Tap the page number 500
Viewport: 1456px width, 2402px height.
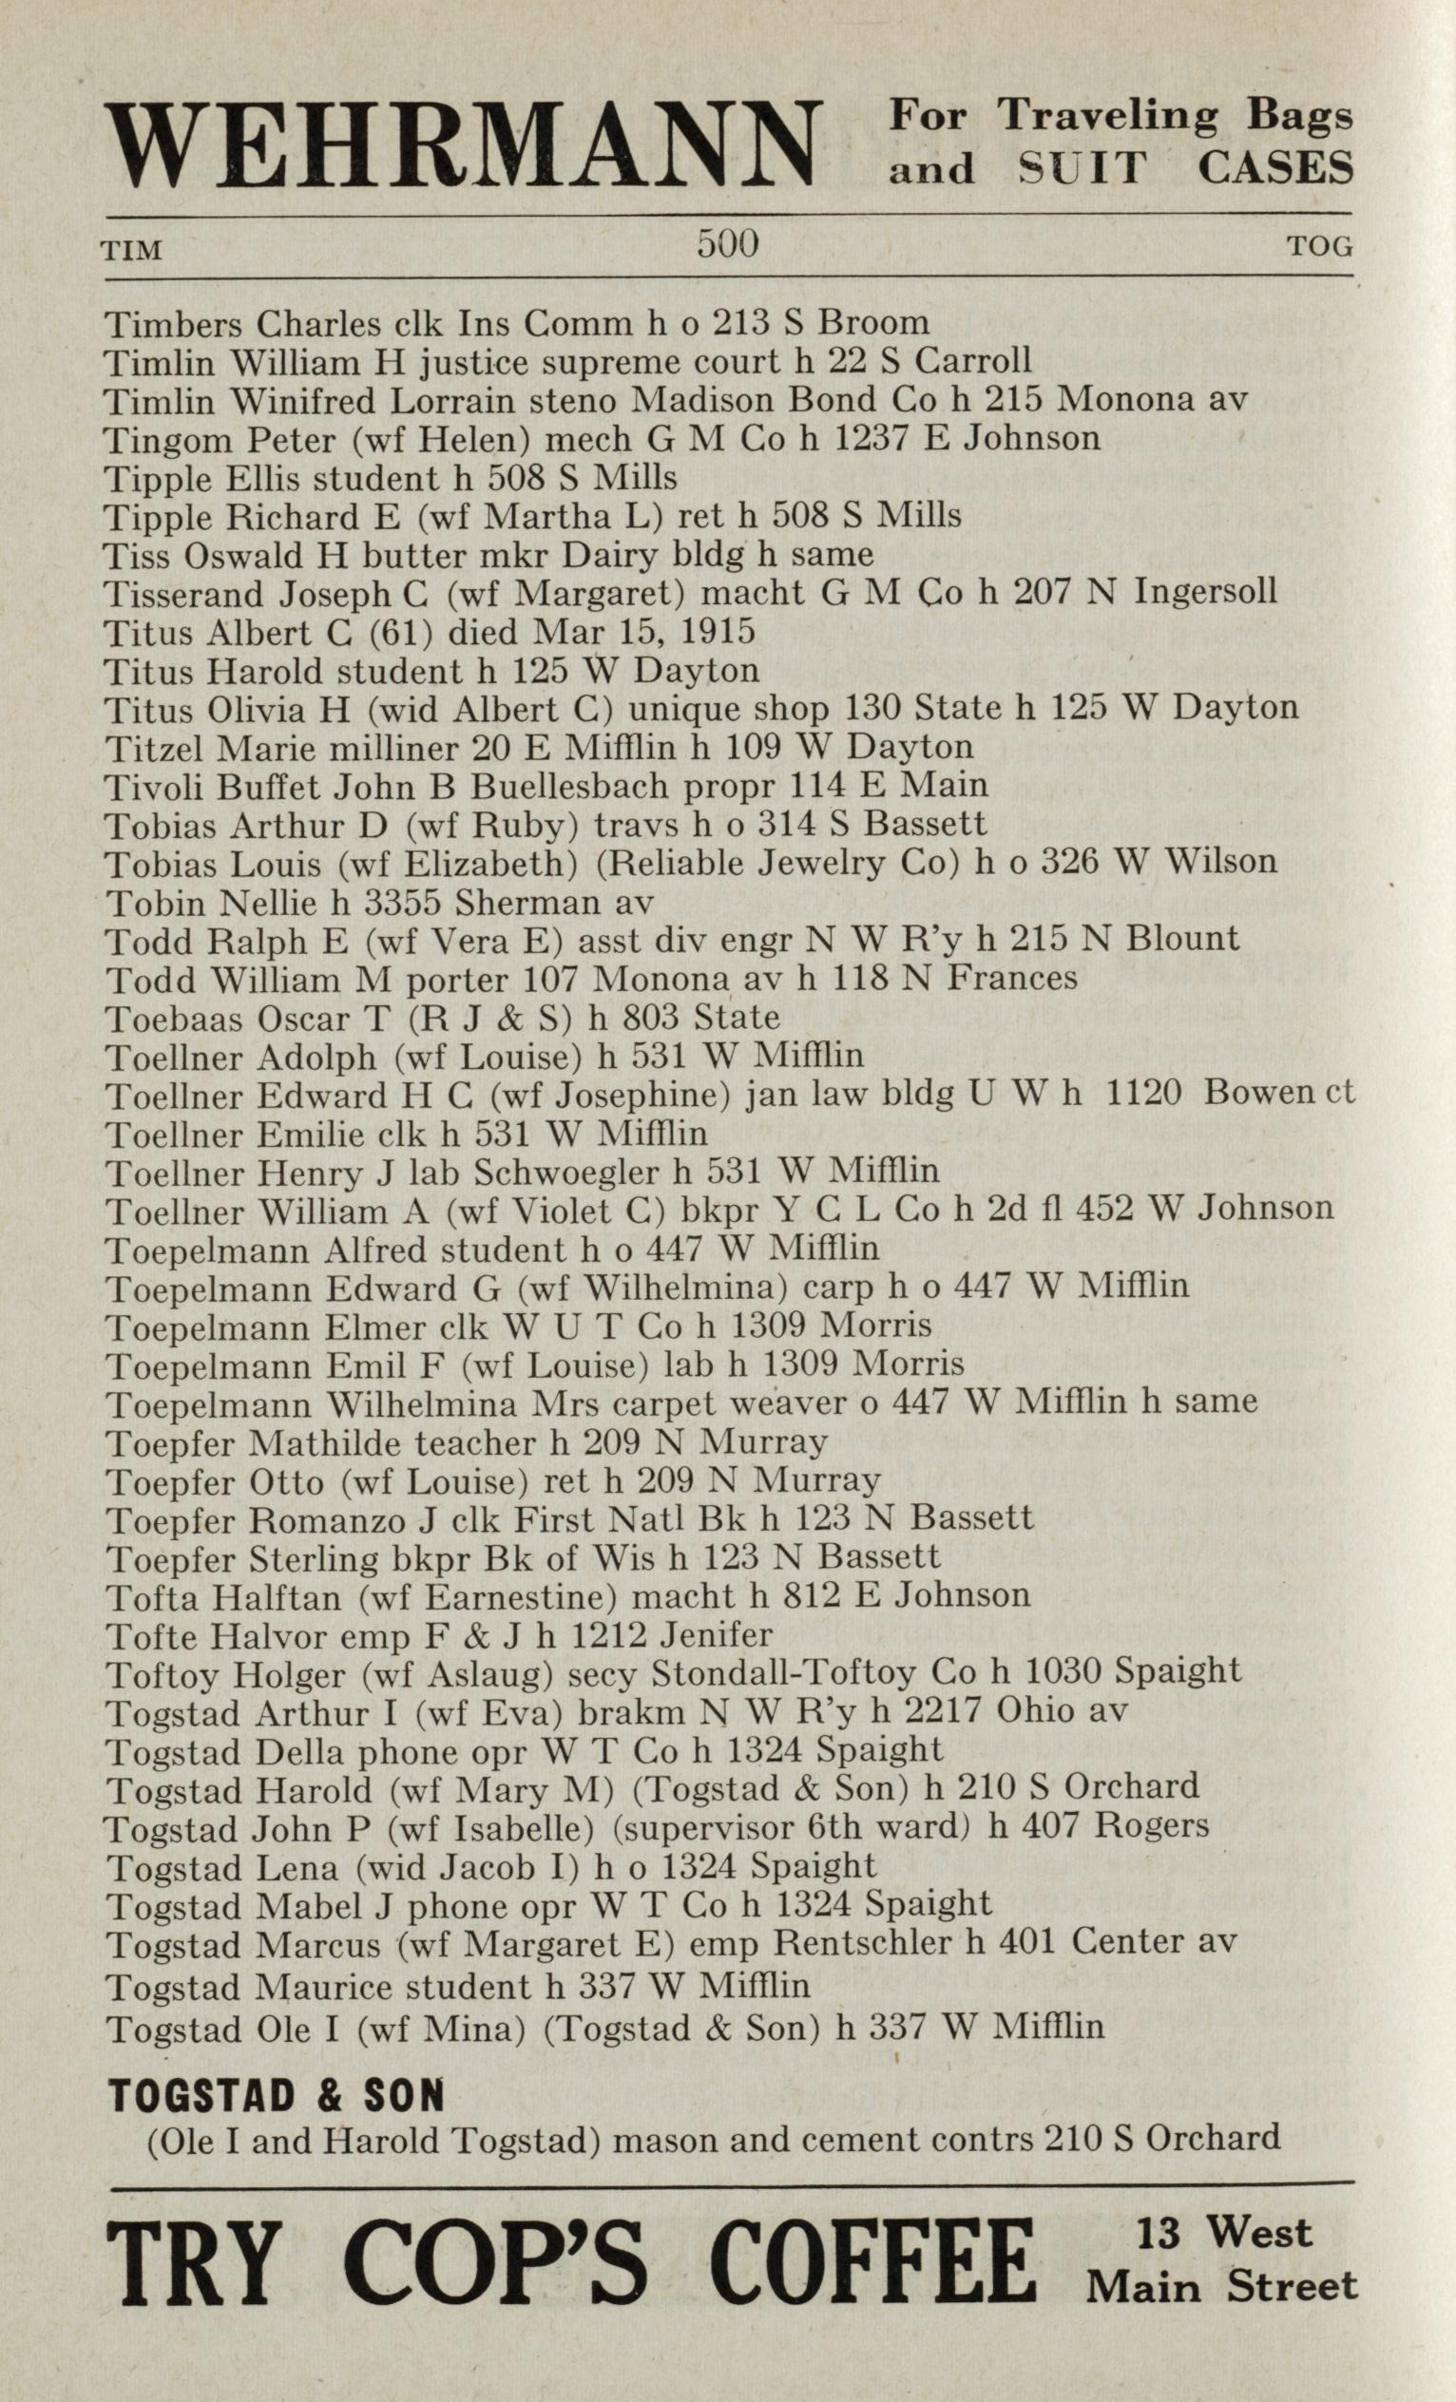coord(727,243)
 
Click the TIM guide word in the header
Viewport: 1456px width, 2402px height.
coord(132,250)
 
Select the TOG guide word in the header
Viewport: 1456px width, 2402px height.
coord(1321,247)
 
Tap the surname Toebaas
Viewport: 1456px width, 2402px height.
coord(175,1018)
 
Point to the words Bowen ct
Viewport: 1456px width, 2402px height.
coord(1278,1094)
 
